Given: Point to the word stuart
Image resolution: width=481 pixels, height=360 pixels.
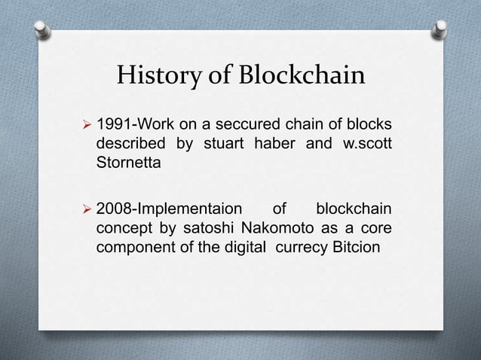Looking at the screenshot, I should coord(219,142).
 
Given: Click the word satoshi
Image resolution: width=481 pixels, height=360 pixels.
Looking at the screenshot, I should coord(207,227).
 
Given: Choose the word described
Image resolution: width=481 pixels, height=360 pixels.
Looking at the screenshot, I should coord(130,142).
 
